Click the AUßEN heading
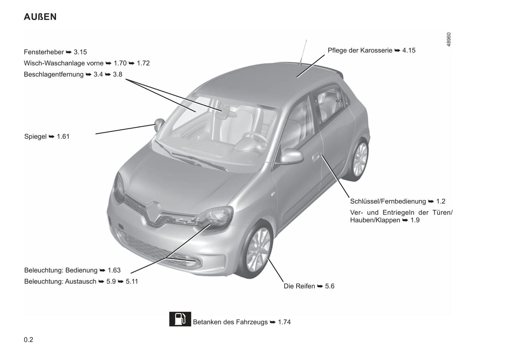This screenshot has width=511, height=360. point(40,17)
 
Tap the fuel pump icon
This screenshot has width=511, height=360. point(180,319)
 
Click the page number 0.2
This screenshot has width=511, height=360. point(29,340)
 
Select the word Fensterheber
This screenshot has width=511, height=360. point(44,52)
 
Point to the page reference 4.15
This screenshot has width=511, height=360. point(409,51)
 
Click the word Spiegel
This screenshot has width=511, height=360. point(35,136)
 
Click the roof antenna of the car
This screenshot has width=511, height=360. point(303,52)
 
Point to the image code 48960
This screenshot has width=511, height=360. point(448,40)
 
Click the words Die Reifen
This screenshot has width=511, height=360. point(299,286)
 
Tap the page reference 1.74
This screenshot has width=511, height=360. point(284,322)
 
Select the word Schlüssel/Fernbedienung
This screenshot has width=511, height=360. point(388,201)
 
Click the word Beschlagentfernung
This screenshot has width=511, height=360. point(54,75)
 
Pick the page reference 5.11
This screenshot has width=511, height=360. point(132,282)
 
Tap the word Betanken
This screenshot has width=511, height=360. point(207,322)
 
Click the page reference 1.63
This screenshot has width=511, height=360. point(114,270)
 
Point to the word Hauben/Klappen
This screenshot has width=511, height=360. point(375,220)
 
